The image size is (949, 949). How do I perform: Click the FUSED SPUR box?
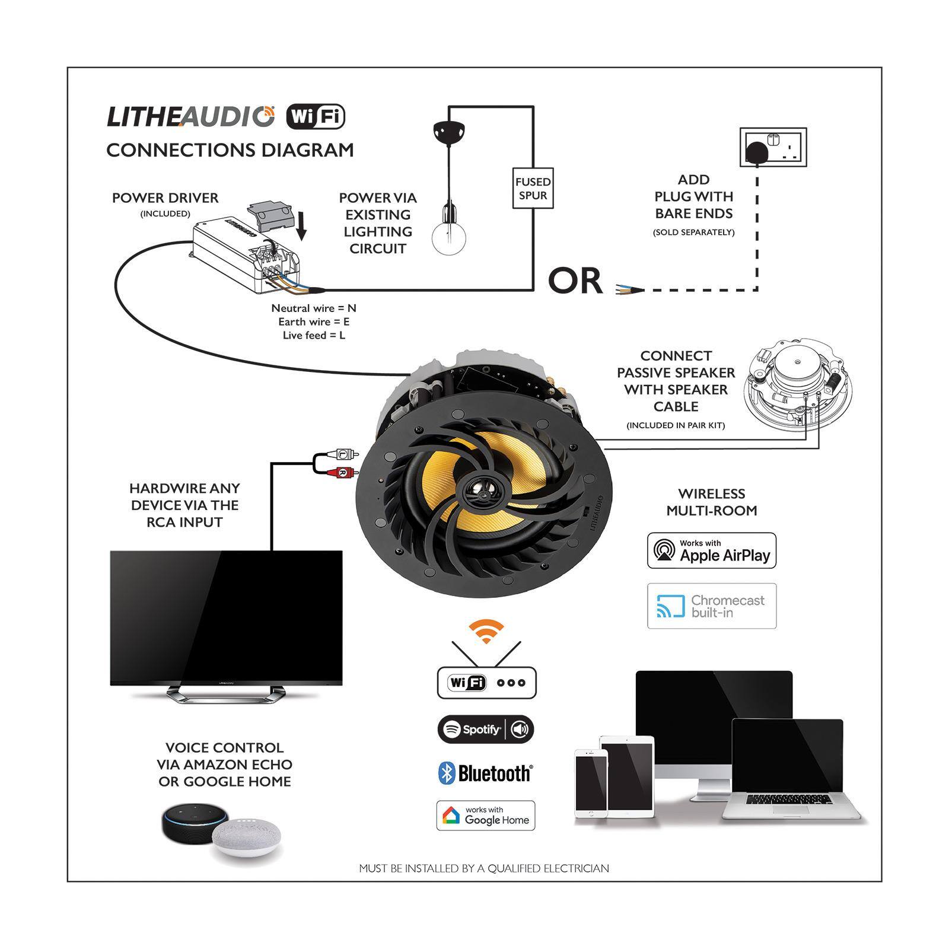pyautogui.click(x=533, y=188)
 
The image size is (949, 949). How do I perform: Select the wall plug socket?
pyautogui.click(x=773, y=147)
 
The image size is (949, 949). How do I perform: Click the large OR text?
pyautogui.click(x=574, y=281)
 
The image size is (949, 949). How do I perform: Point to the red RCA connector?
pyautogui.click(x=342, y=472)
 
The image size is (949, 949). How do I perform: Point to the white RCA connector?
pyautogui.click(x=343, y=454)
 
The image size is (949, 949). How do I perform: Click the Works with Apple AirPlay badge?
pyautogui.click(x=711, y=550)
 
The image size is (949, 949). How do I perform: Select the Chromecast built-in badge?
pyautogui.click(x=711, y=606)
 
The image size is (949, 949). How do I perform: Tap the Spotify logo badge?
pyautogui.click(x=485, y=729)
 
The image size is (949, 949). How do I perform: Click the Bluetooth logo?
pyautogui.click(x=485, y=773)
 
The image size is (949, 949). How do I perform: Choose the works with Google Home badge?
pyautogui.click(x=485, y=816)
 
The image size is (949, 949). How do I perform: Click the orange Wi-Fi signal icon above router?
pyautogui.click(x=486, y=632)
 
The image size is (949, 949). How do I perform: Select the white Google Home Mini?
pyautogui.click(x=244, y=837)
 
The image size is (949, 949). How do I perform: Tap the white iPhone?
pyautogui.click(x=591, y=783)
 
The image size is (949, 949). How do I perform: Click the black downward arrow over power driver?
pyautogui.click(x=302, y=226)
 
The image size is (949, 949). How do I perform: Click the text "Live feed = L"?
pyautogui.click(x=314, y=336)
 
